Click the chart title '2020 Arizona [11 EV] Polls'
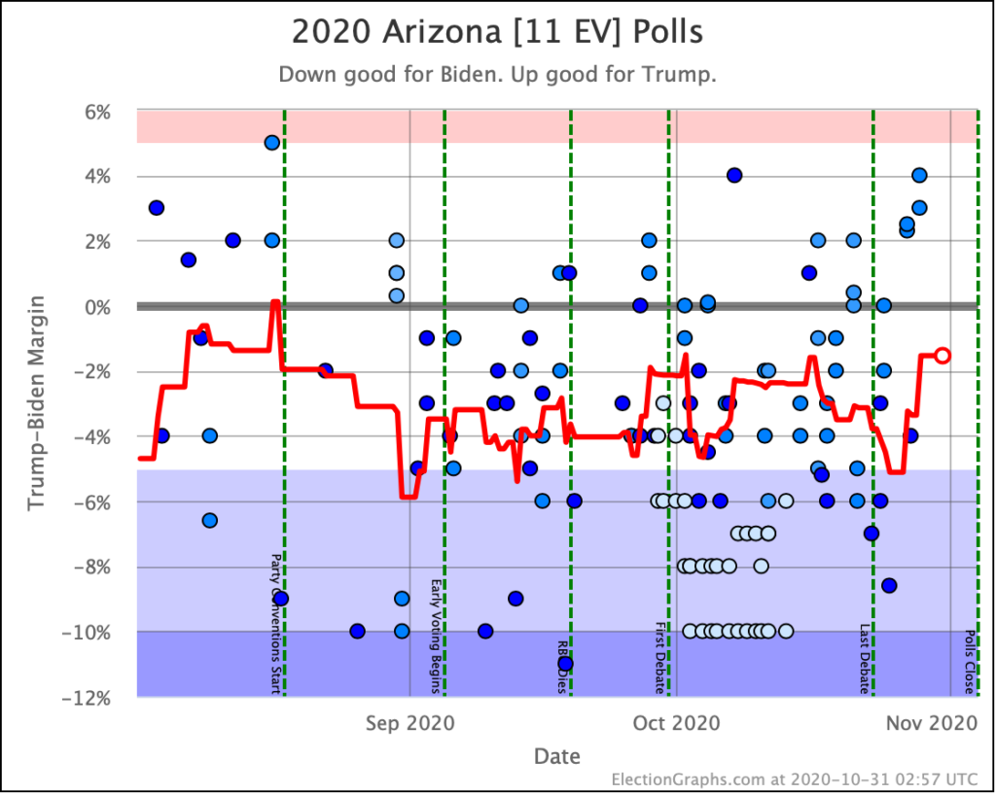coord(497,31)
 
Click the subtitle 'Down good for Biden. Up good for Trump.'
coord(497,75)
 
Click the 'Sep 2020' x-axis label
coord(409,723)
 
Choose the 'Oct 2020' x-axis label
coord(676,723)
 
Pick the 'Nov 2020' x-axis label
coord(949,723)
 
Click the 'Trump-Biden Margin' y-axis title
coord(36,404)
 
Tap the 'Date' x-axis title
coord(557,756)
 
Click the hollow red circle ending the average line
coord(942,355)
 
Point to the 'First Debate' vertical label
coord(659,658)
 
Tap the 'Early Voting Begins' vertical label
coord(436,637)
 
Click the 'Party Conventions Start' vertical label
coord(275,624)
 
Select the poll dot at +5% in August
coord(272,143)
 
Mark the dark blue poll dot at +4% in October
coord(734,175)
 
